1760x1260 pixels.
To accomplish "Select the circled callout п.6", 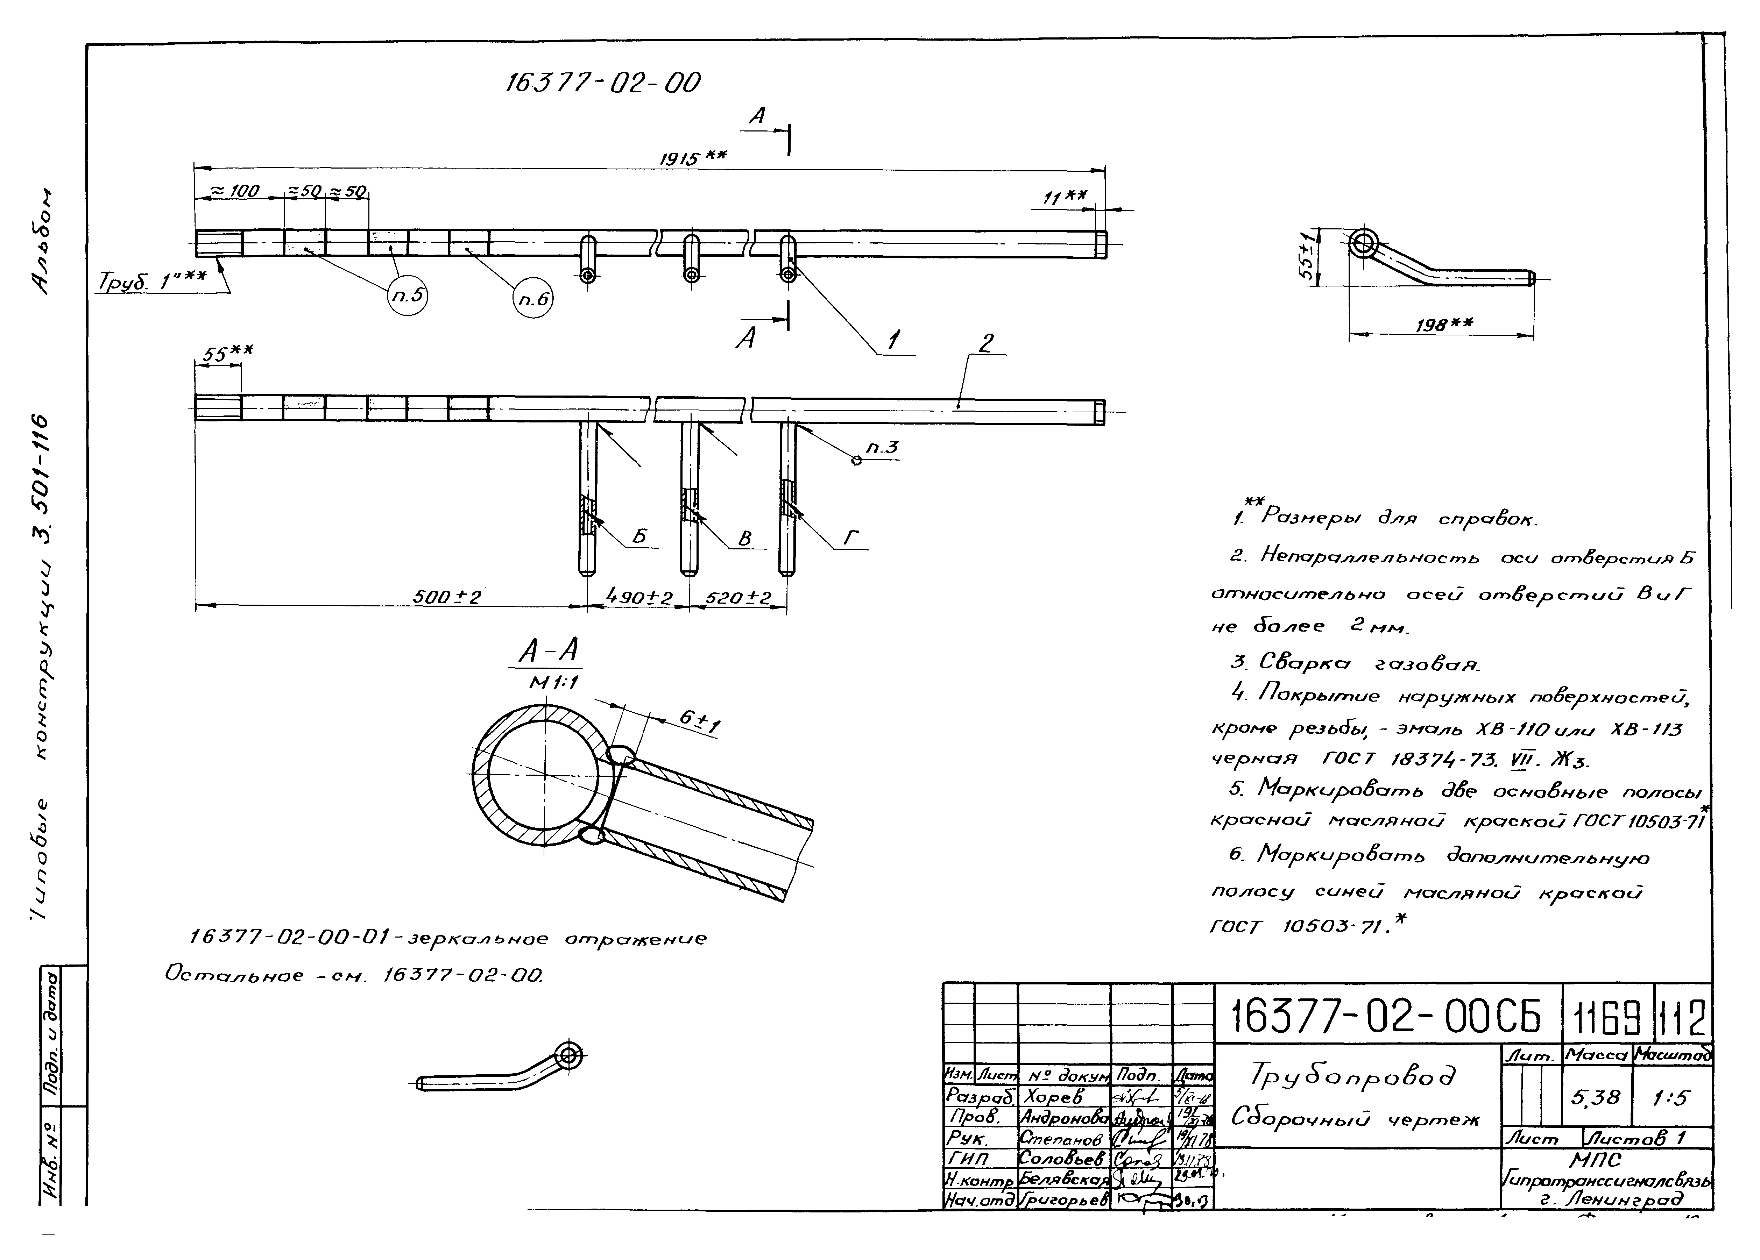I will tap(533, 298).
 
